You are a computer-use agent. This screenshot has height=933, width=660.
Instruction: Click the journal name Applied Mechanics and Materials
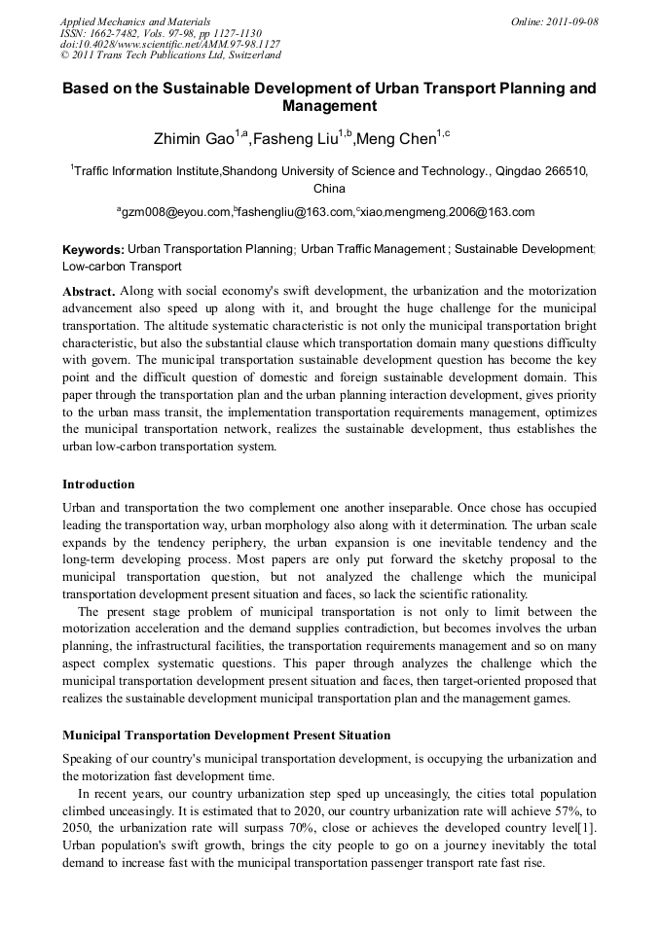(x=135, y=20)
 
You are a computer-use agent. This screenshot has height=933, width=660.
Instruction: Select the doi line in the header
(x=170, y=44)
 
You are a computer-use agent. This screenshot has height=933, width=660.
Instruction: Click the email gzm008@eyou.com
(x=176, y=212)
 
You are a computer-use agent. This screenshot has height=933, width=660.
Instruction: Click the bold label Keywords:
(x=93, y=250)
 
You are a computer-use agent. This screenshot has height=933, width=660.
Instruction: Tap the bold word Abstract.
(x=89, y=291)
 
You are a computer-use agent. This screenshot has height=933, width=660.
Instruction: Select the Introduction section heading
(x=98, y=484)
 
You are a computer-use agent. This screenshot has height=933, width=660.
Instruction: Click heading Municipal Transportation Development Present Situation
(x=227, y=735)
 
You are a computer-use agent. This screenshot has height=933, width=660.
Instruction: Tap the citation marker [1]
(x=589, y=828)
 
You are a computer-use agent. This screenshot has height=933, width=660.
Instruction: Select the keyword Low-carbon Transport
(x=122, y=266)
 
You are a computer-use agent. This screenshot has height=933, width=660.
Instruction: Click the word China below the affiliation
(x=329, y=188)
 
